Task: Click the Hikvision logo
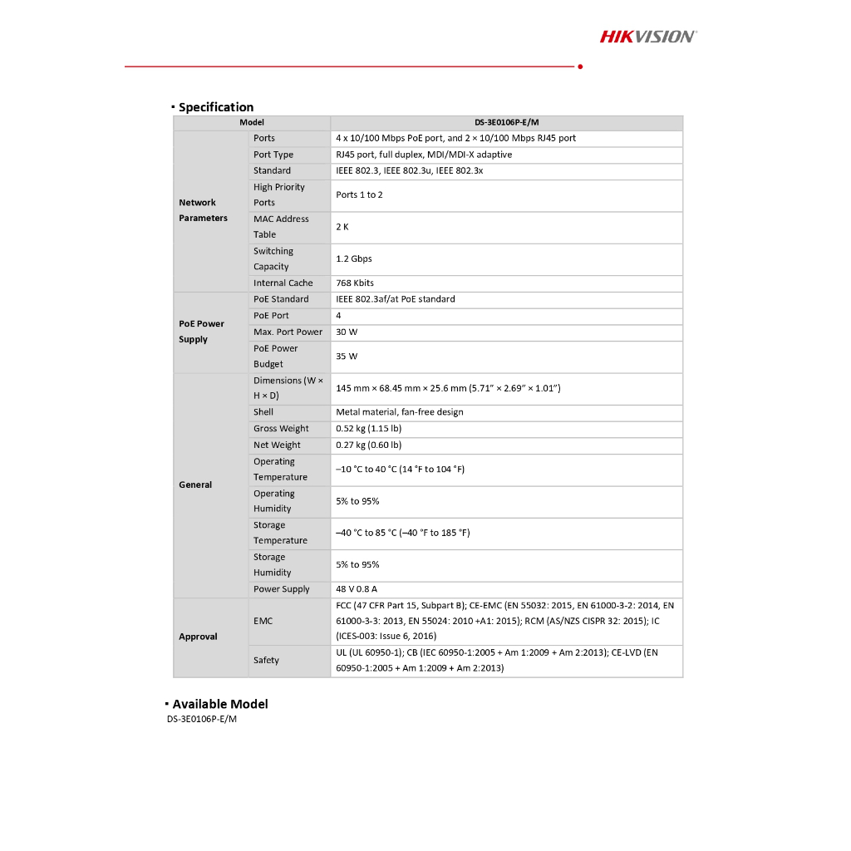pyautogui.click(x=648, y=36)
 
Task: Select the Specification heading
pyautogui.click(x=215, y=107)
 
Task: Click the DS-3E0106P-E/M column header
pyautogui.click(x=506, y=122)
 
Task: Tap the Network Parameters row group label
pyautogui.click(x=203, y=210)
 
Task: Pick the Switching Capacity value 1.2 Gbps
pyautogui.click(x=354, y=259)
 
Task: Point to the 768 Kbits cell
pyautogui.click(x=355, y=283)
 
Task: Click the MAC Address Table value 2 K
pyautogui.click(x=342, y=227)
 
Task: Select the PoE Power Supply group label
pyautogui.click(x=201, y=332)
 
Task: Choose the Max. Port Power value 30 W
pyautogui.click(x=347, y=332)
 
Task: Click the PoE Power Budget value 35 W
pyautogui.click(x=347, y=357)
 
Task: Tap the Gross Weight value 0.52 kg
pyautogui.click(x=368, y=429)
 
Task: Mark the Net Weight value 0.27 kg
pyautogui.click(x=368, y=445)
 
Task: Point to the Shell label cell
pyautogui.click(x=263, y=412)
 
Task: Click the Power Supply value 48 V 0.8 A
pyautogui.click(x=357, y=589)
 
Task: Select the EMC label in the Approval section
pyautogui.click(x=263, y=622)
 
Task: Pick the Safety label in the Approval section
pyautogui.click(x=266, y=661)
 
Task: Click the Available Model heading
pyautogui.click(x=219, y=704)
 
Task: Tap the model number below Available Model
pyautogui.click(x=202, y=720)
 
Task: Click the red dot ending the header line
pyautogui.click(x=579, y=66)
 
